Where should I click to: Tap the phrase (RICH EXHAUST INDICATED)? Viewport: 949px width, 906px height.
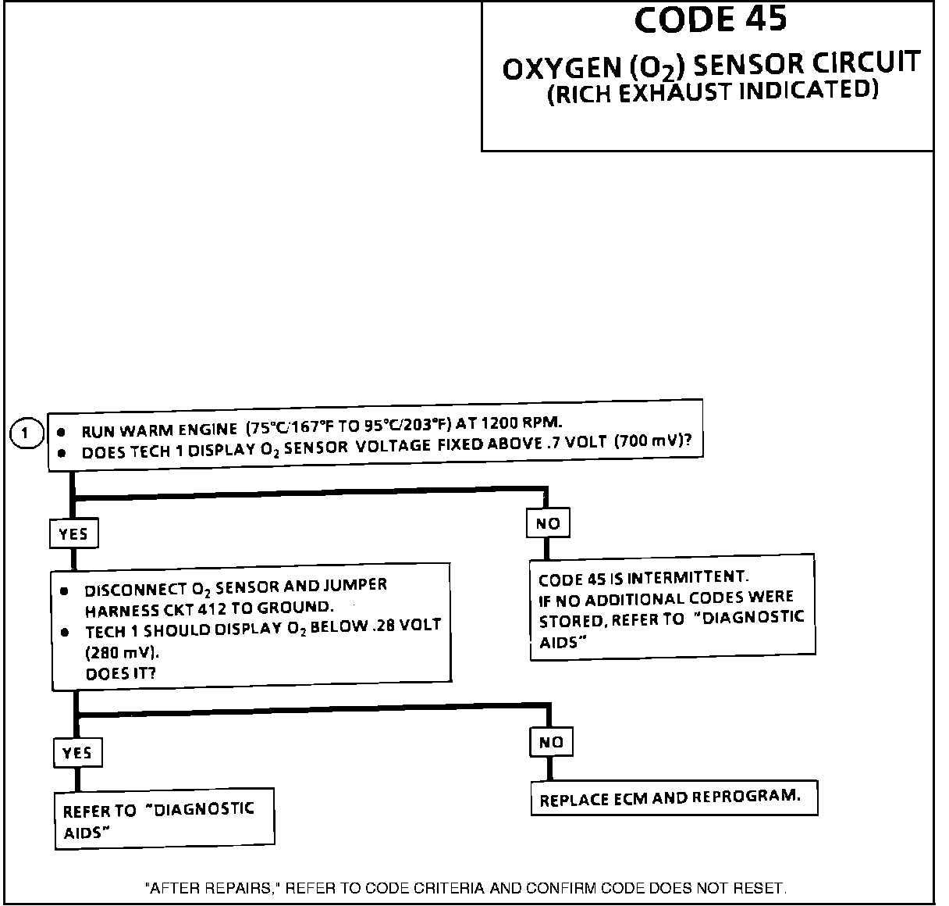coord(713,93)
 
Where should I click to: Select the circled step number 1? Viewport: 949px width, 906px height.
coord(28,433)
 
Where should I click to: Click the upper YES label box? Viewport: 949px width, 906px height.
coord(73,534)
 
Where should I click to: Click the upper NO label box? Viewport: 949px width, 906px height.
coord(548,523)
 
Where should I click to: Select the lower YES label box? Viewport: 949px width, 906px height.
coord(77,753)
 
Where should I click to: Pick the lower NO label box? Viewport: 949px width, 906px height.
coord(551,742)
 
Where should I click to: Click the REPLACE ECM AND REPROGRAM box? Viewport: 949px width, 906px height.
coord(673,798)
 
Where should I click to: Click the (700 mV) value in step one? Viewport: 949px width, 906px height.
coord(652,441)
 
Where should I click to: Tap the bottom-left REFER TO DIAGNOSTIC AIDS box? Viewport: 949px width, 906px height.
coord(164,820)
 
